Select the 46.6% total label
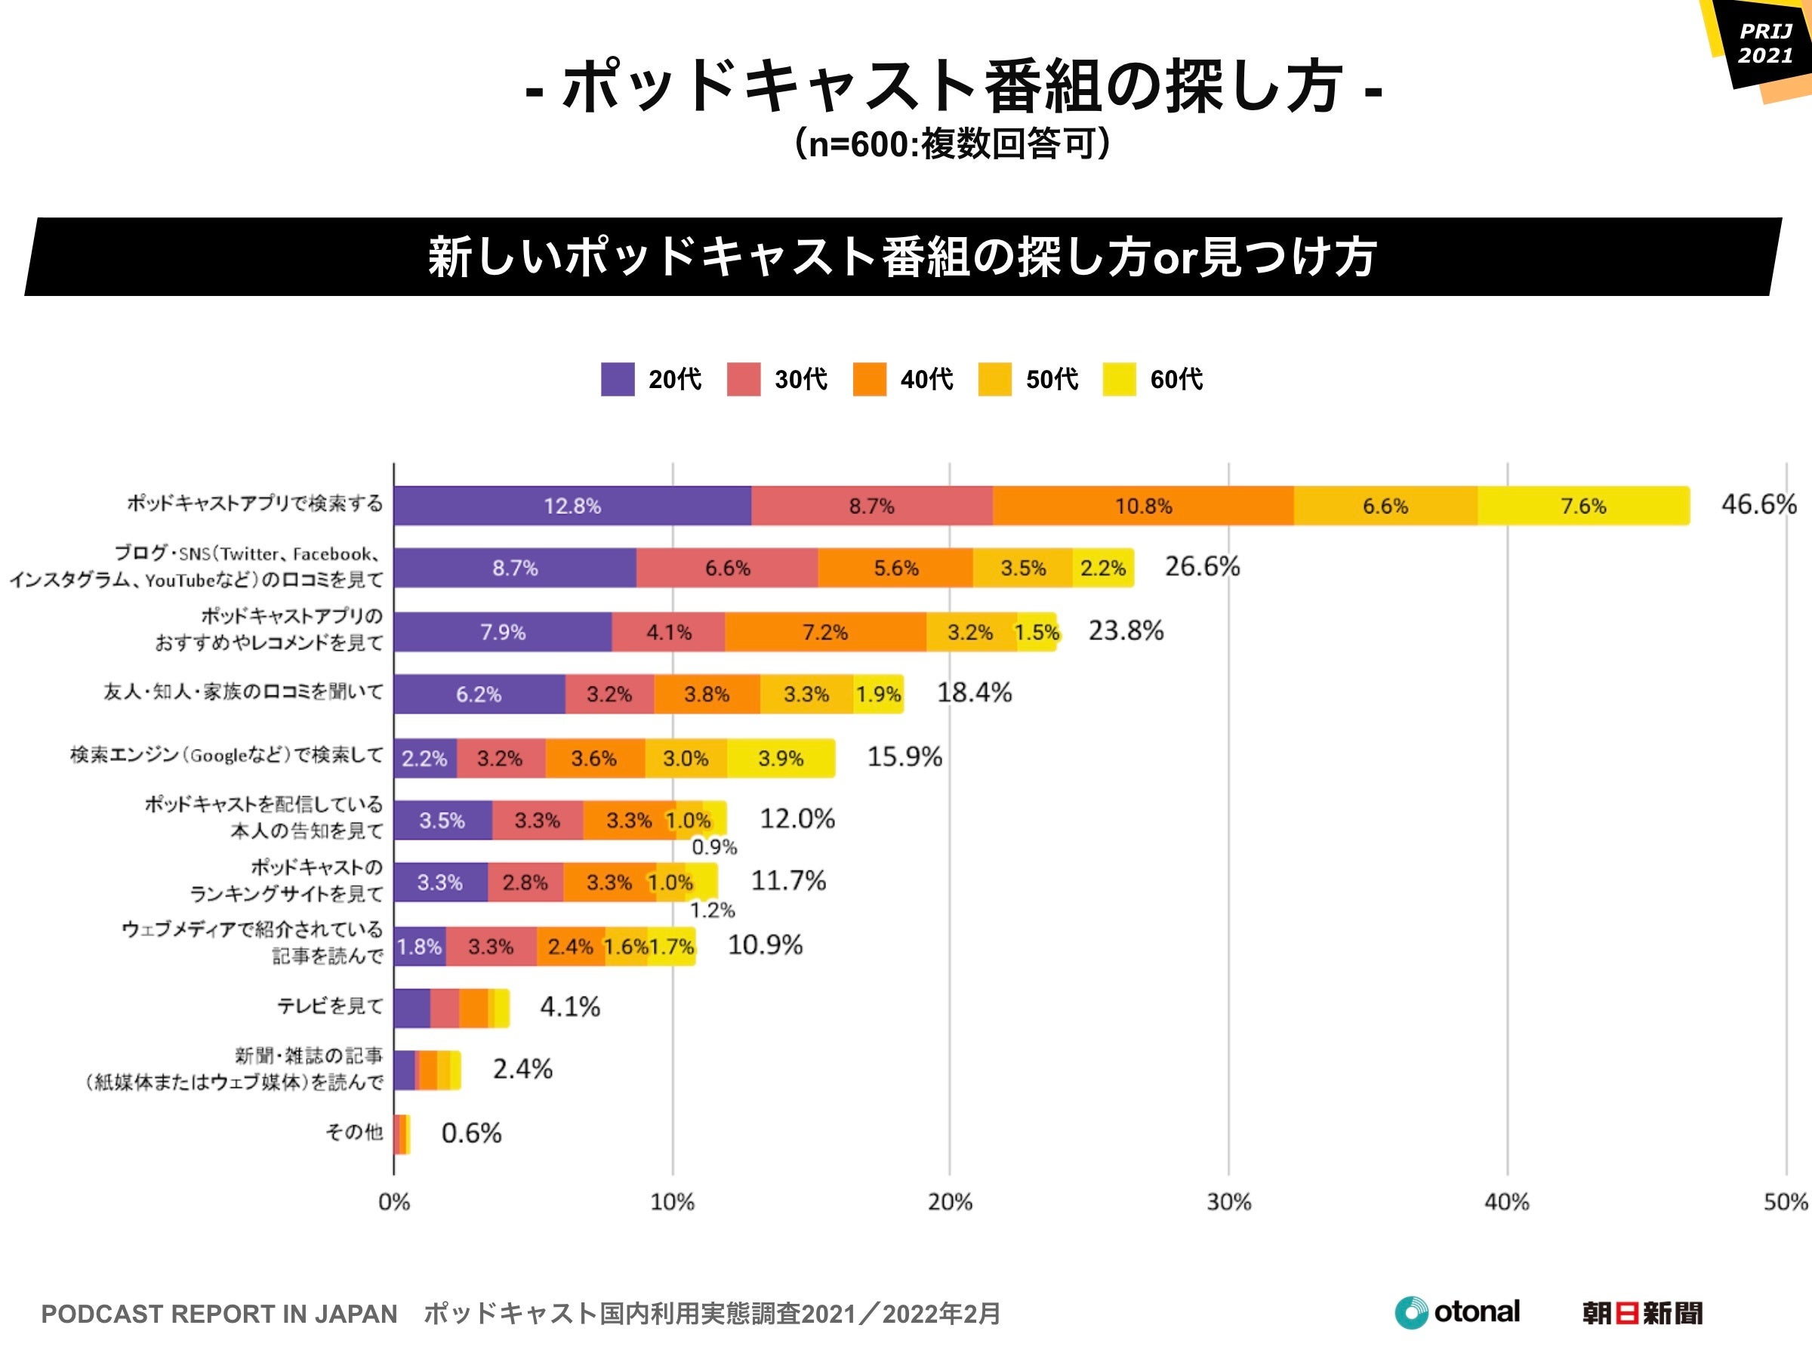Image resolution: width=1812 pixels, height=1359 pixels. click(x=1758, y=504)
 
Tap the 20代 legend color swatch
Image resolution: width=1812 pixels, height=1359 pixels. click(x=617, y=379)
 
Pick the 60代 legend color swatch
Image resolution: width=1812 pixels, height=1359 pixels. click(x=1119, y=379)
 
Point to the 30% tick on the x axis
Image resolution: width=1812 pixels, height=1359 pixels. click(x=1228, y=1202)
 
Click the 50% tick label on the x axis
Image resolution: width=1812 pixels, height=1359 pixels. click(x=1786, y=1202)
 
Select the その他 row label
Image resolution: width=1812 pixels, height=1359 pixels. click(x=354, y=1132)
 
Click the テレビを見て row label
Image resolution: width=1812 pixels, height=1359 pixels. click(x=330, y=1006)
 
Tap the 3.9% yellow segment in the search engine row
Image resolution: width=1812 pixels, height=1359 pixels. click(x=781, y=758)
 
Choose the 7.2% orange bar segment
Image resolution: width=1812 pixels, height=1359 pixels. click(x=825, y=632)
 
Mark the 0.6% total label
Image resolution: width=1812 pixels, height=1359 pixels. click(x=471, y=1133)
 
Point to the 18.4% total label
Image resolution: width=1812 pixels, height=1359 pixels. click(x=974, y=693)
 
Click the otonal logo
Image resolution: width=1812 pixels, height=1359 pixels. click(x=1457, y=1312)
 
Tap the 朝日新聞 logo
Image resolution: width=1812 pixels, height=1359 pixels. click(x=1641, y=1313)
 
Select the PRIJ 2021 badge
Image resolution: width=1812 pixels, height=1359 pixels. click(x=1764, y=45)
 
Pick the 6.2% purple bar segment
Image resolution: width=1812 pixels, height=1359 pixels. click(x=479, y=694)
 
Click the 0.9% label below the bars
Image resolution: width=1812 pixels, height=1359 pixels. click(x=714, y=847)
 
